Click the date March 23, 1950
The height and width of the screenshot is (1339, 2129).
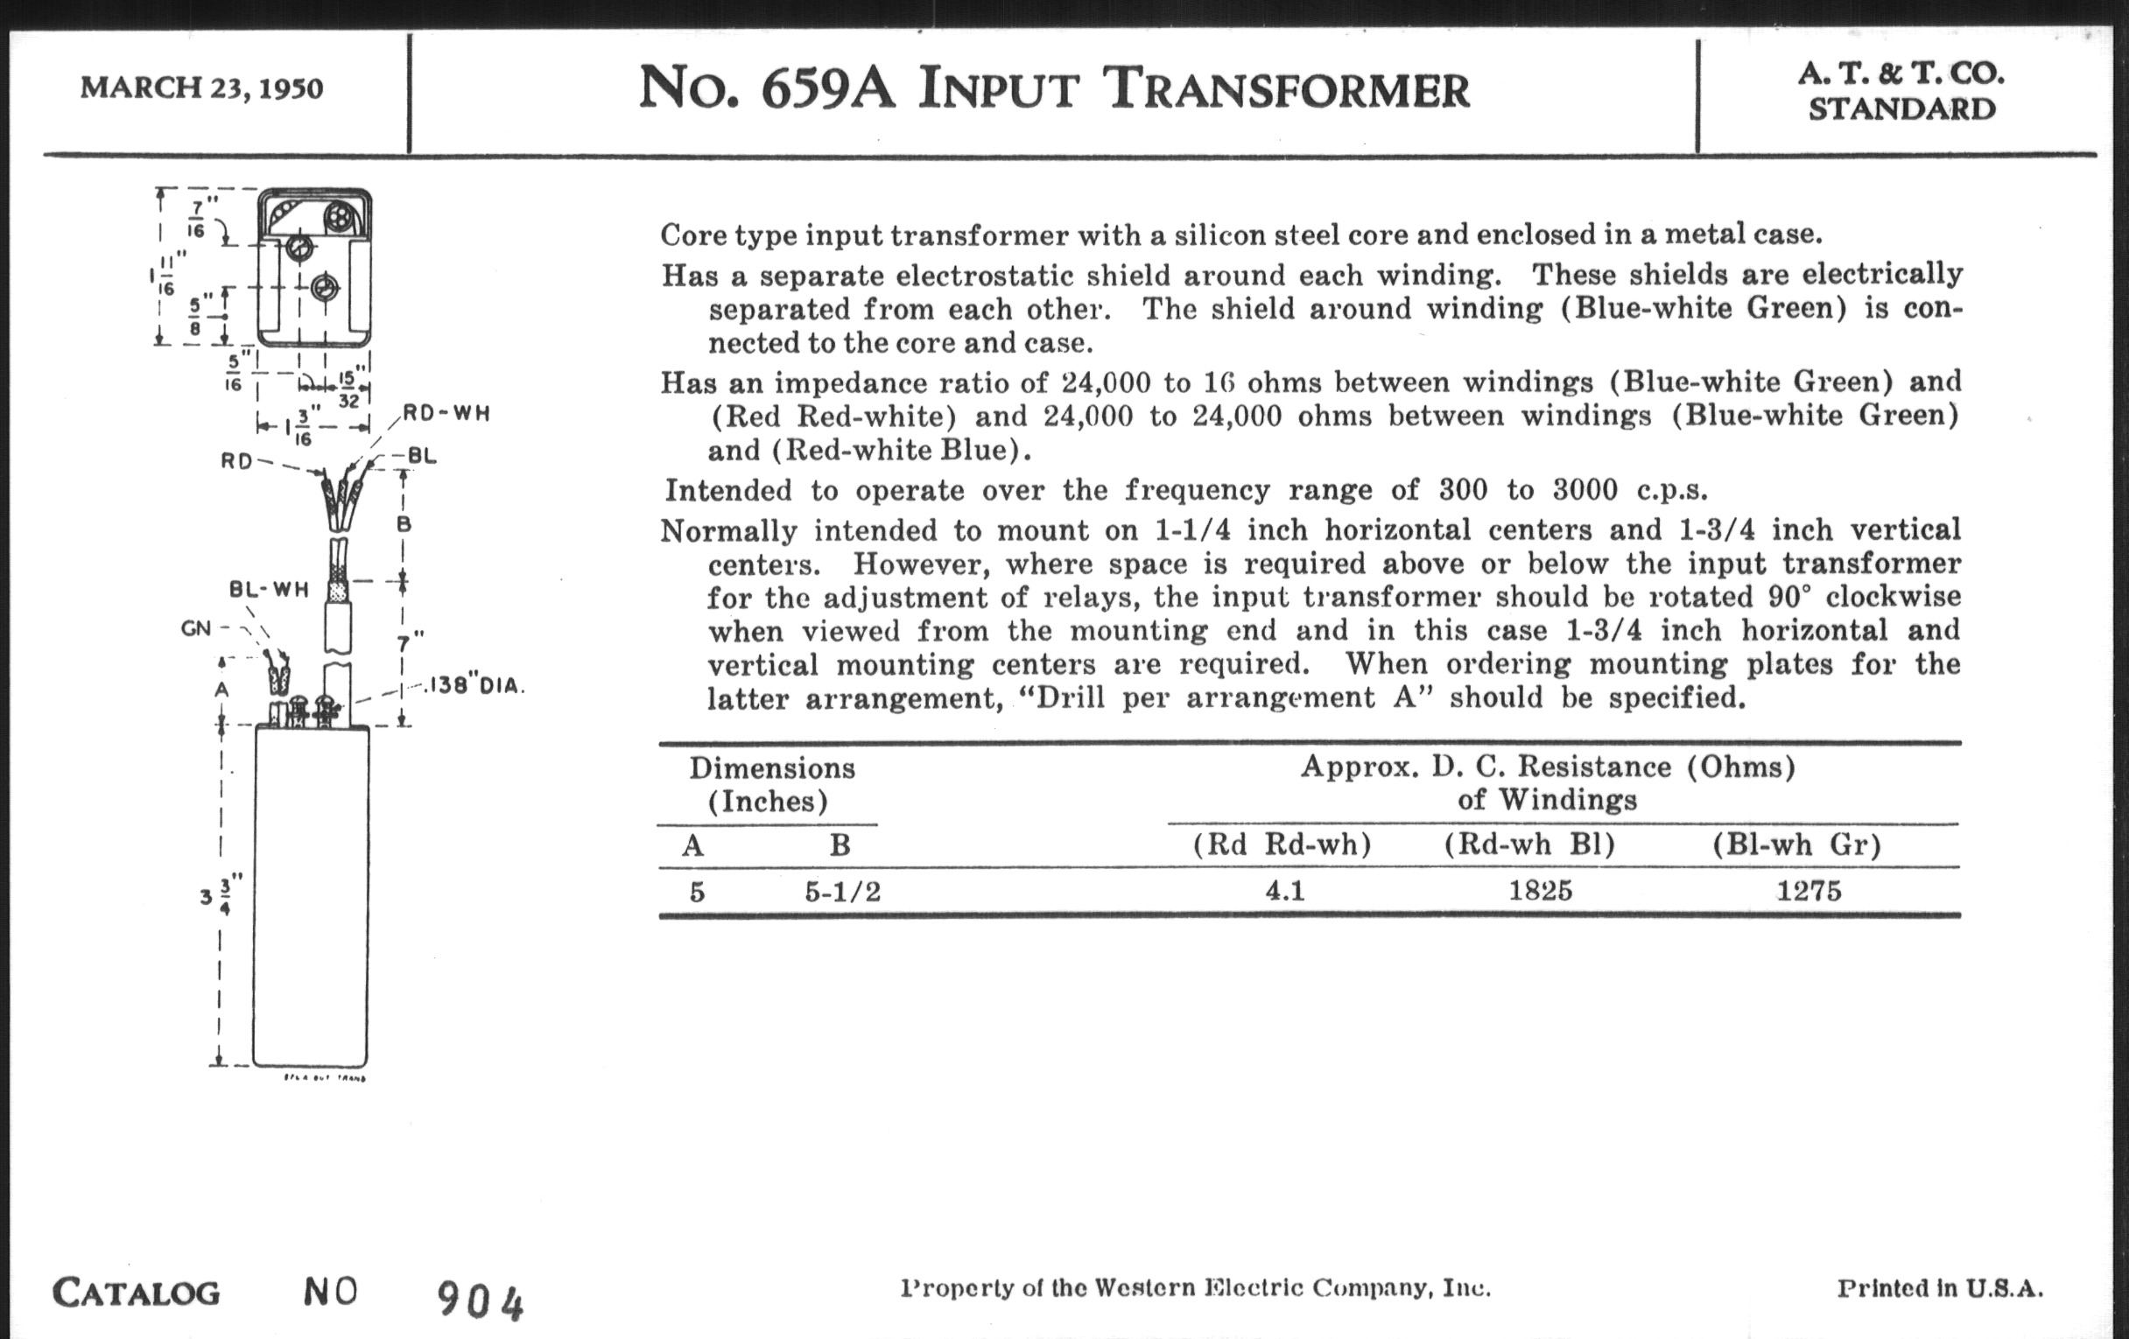click(x=201, y=88)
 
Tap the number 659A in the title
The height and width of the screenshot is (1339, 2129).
click(x=827, y=90)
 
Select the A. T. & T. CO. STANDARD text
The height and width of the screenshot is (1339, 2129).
click(x=1901, y=91)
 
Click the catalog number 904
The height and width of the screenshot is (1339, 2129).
click(x=480, y=1301)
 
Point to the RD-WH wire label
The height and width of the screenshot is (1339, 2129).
click(x=446, y=414)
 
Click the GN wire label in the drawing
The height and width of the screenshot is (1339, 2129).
click(x=196, y=628)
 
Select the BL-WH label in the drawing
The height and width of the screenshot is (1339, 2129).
click(x=269, y=590)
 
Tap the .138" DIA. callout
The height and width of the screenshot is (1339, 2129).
click(x=475, y=685)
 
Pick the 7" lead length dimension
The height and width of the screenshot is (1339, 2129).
click(x=413, y=640)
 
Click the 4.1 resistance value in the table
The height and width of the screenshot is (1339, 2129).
click(x=1283, y=890)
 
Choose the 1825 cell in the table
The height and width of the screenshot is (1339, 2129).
click(x=1540, y=890)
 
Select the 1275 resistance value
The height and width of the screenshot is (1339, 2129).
click(x=1809, y=890)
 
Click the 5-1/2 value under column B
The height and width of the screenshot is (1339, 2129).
click(x=842, y=891)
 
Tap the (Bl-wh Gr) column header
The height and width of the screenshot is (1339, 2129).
click(x=1796, y=845)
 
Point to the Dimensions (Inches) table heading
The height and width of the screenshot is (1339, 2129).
click(x=771, y=784)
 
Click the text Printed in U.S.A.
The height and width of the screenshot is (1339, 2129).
click(x=1940, y=1288)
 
